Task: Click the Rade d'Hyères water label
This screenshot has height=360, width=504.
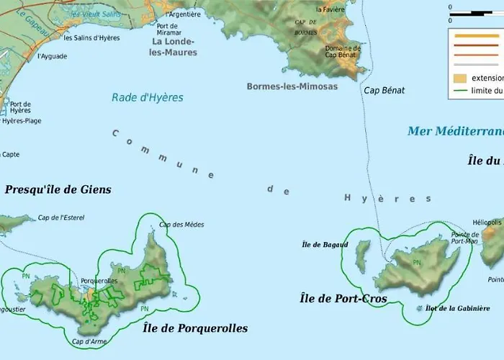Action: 148,98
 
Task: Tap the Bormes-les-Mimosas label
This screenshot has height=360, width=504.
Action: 292,86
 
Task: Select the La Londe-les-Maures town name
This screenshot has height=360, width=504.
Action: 174,47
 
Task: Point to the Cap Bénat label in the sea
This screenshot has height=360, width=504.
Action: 384,91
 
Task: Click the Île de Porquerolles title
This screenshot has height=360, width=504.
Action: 195,328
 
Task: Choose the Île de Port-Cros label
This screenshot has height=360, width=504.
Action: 343,299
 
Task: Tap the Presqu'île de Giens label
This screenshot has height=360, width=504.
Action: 58,190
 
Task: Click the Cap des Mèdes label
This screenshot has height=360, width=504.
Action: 181,225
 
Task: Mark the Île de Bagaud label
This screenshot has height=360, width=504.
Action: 325,245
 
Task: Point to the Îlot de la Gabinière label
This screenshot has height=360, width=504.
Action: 457,308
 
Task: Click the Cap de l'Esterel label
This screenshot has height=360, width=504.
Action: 63,218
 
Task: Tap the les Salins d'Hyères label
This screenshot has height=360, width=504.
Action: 91,37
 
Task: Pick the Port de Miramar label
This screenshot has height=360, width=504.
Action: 168,29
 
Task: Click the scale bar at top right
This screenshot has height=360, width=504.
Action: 476,14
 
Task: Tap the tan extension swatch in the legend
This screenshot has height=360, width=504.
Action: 459,78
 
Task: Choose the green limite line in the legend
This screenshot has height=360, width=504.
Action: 459,91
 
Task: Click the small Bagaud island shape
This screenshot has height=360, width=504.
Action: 363,256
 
